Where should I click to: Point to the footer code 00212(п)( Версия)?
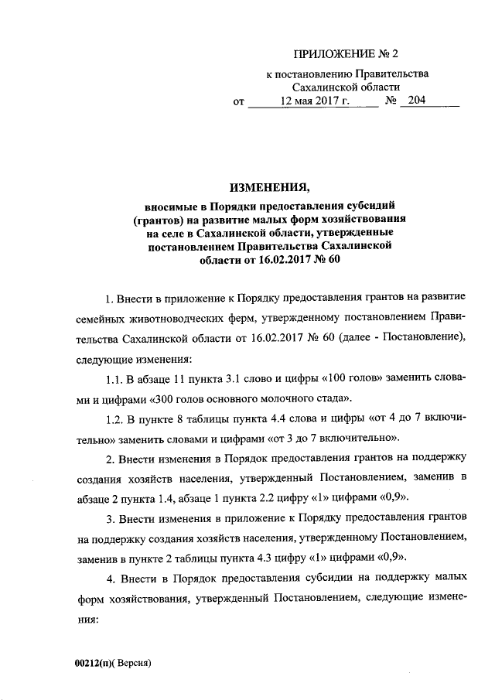click(x=111, y=664)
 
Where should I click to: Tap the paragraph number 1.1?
click(x=114, y=378)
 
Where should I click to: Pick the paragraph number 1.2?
click(x=114, y=418)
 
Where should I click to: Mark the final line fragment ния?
click(x=85, y=620)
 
